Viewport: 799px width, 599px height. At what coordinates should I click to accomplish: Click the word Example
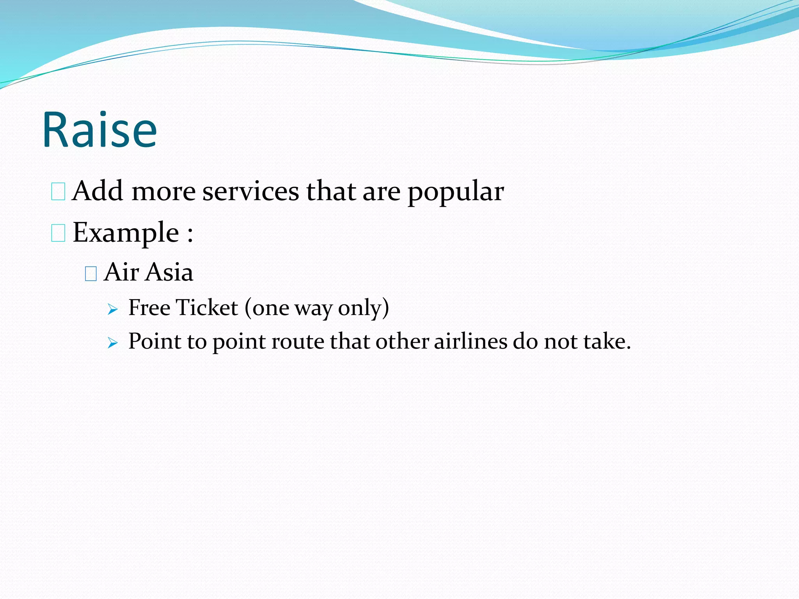[x=126, y=233]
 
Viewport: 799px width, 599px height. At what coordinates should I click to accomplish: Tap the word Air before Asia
[x=121, y=272]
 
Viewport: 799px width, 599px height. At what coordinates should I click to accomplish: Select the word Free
[x=149, y=308]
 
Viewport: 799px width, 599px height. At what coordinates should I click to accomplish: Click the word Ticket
[x=207, y=308]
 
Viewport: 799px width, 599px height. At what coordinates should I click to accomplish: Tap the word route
[x=297, y=342]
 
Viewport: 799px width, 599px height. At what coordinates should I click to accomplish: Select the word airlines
[x=471, y=341]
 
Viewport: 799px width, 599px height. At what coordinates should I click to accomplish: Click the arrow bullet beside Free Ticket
[x=112, y=310]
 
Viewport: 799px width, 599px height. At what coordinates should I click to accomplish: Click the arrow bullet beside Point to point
[x=112, y=343]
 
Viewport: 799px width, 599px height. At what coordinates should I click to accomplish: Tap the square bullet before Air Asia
[x=91, y=274]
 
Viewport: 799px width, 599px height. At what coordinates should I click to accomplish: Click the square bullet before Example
[x=58, y=234]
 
